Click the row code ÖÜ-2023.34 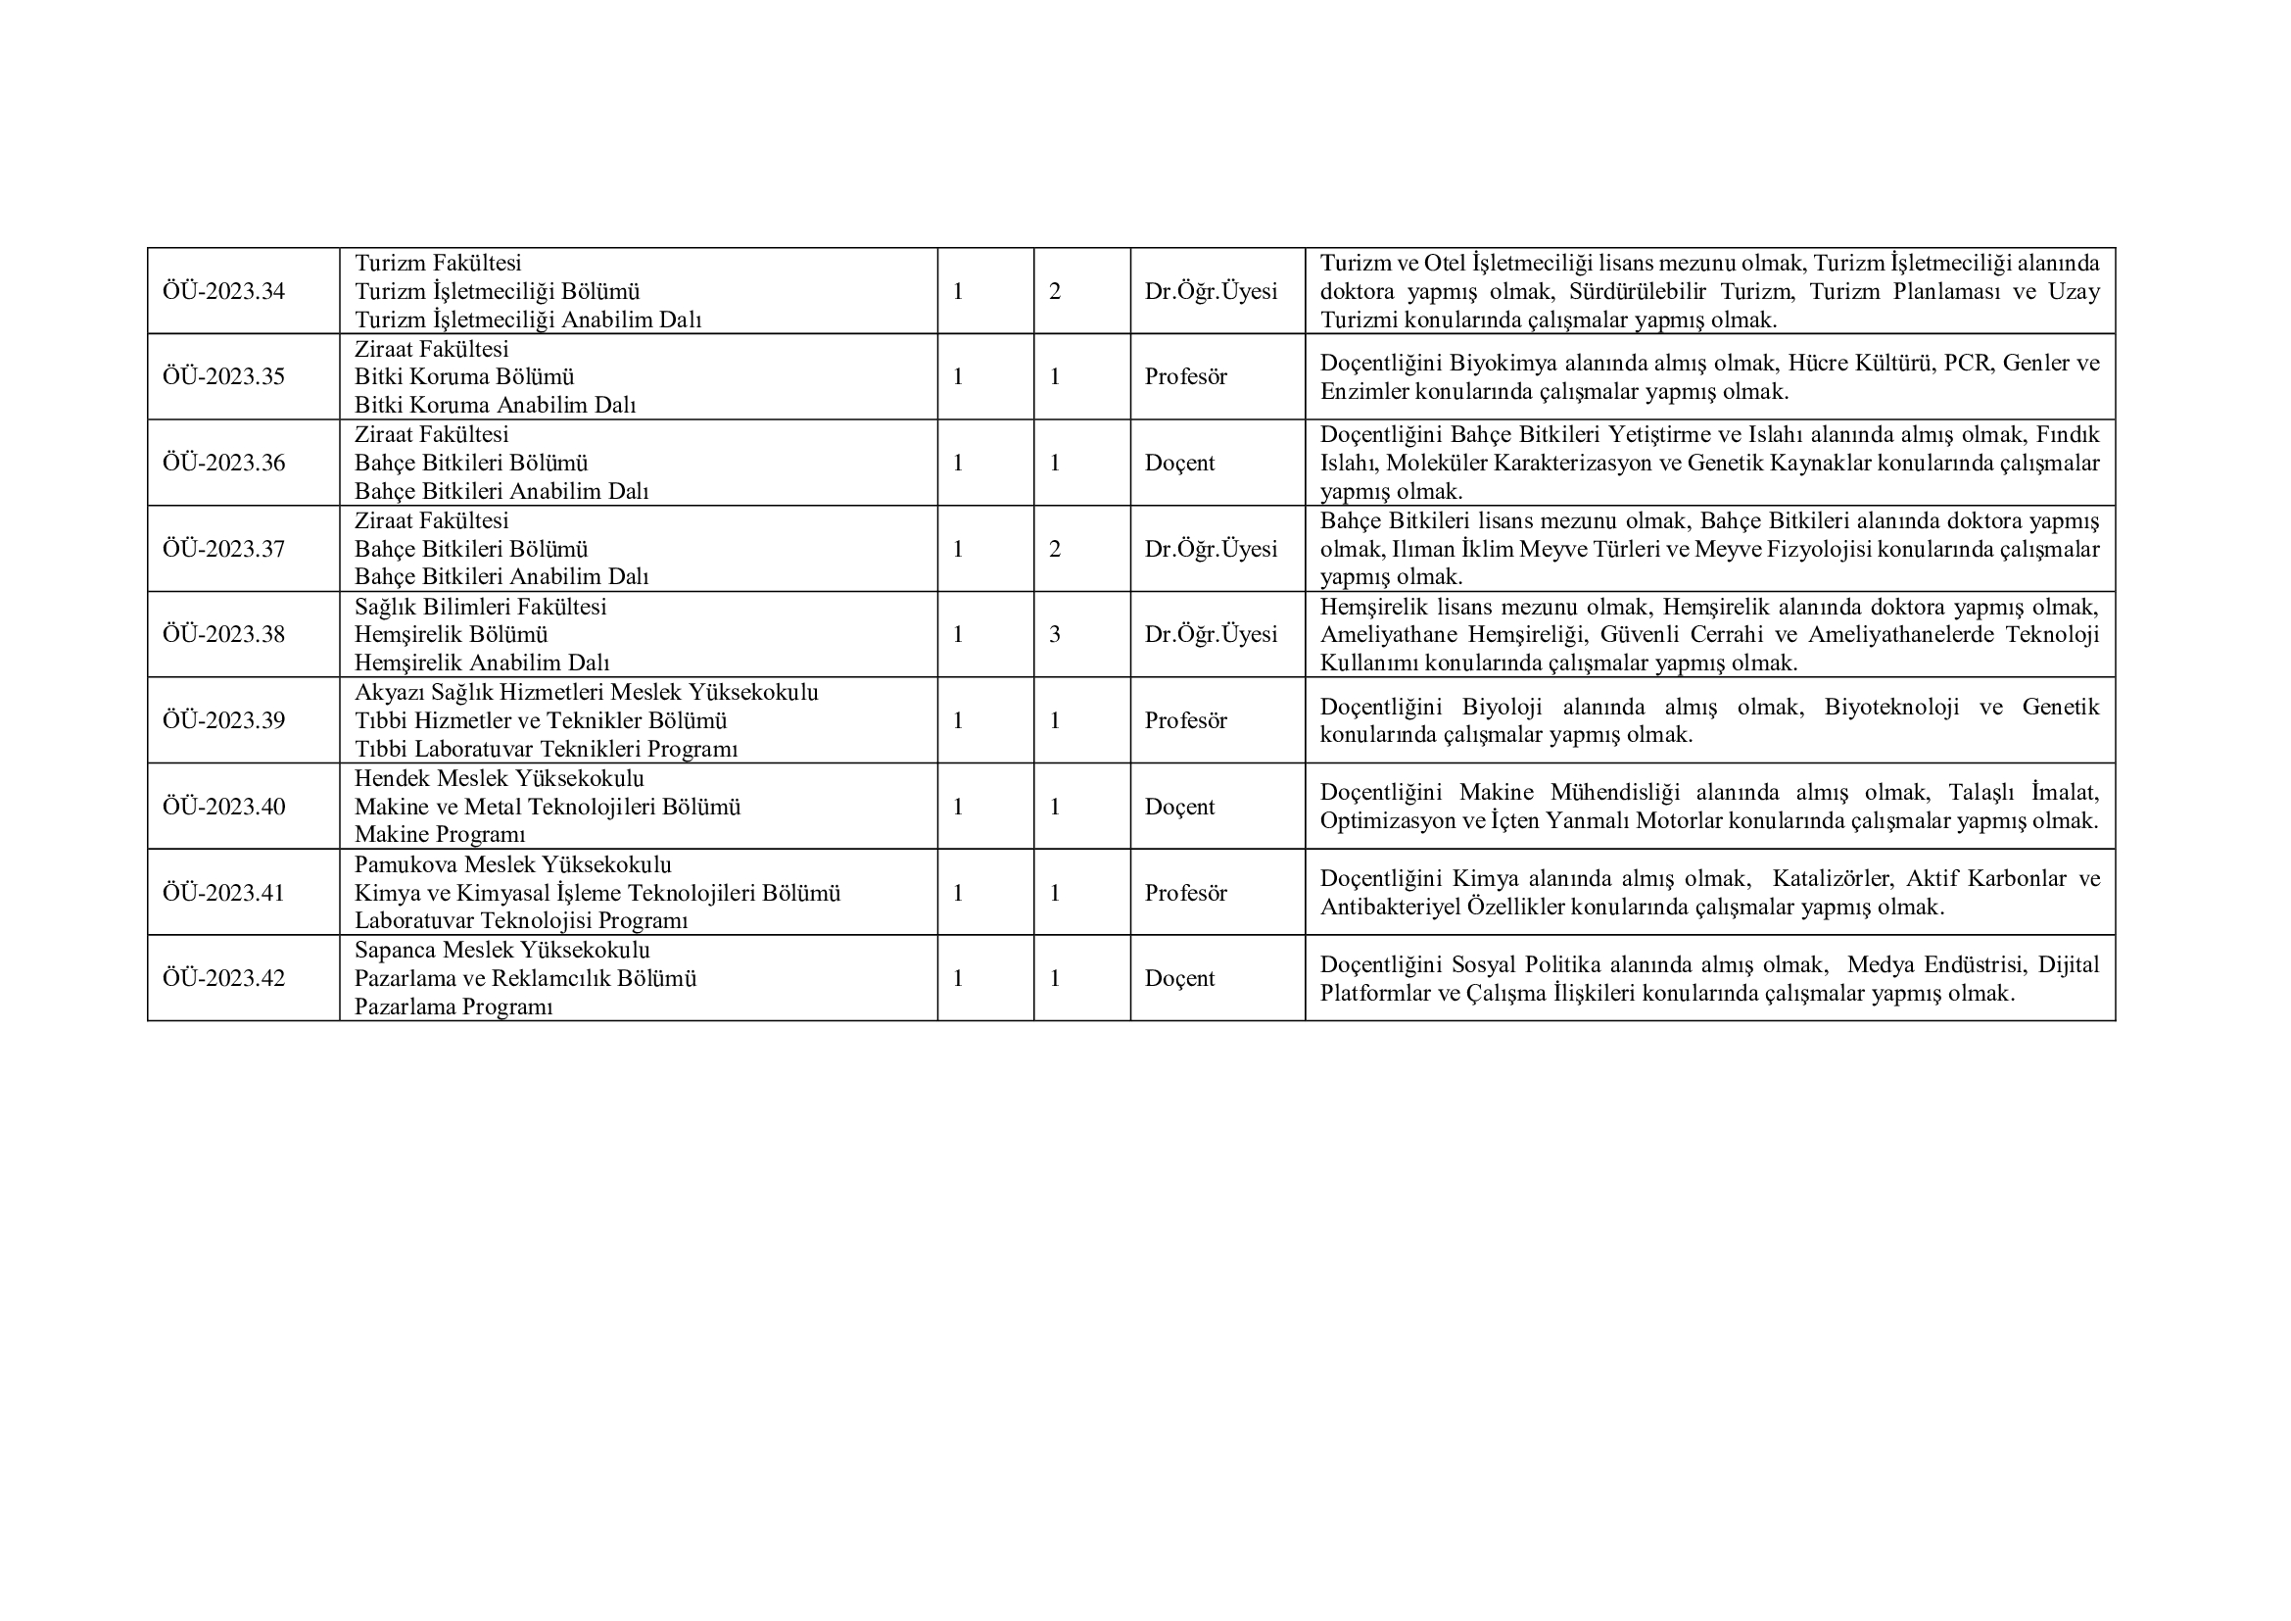coord(223,291)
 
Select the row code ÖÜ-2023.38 coord(223,635)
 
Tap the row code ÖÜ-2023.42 coord(223,978)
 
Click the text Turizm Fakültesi coord(438,264)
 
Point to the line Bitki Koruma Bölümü coord(464,377)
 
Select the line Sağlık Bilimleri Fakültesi coord(480,607)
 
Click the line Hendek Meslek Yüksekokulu coord(499,778)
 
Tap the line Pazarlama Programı coord(453,1007)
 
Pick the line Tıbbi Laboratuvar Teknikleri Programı coord(546,750)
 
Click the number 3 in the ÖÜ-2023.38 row coord(1055,635)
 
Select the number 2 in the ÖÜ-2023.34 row coord(1055,291)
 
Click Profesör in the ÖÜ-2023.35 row coord(1185,377)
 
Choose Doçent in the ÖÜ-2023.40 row coord(1179,807)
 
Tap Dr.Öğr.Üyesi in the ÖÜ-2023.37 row coord(1211,549)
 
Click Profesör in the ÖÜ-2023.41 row coord(1185,893)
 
